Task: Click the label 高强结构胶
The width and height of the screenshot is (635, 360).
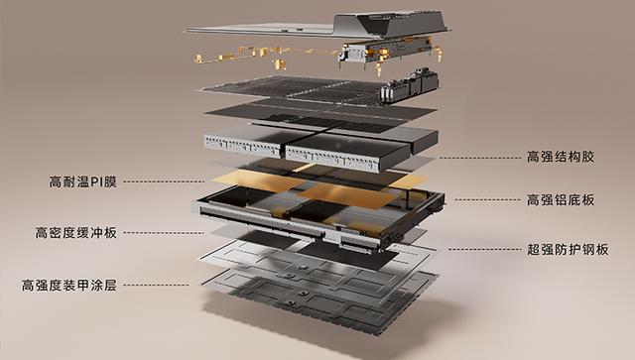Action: tap(560, 157)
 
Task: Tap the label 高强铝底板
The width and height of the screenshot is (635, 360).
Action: tap(560, 199)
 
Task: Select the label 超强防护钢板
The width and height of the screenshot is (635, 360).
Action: tap(568, 250)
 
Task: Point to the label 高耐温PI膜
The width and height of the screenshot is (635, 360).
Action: tap(83, 181)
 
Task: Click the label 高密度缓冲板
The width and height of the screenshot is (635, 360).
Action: tap(75, 233)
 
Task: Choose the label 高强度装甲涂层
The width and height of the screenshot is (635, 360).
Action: tap(69, 285)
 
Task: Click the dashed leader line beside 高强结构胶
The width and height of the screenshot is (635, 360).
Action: tap(480, 158)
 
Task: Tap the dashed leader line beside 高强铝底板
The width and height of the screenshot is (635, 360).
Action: tap(487, 199)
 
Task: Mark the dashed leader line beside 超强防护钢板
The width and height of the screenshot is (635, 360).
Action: tap(484, 250)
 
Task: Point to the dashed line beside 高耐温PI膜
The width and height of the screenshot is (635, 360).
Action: tap(164, 181)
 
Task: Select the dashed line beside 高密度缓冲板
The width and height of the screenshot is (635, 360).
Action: tap(163, 233)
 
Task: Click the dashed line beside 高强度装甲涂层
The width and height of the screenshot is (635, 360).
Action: tap(156, 285)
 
